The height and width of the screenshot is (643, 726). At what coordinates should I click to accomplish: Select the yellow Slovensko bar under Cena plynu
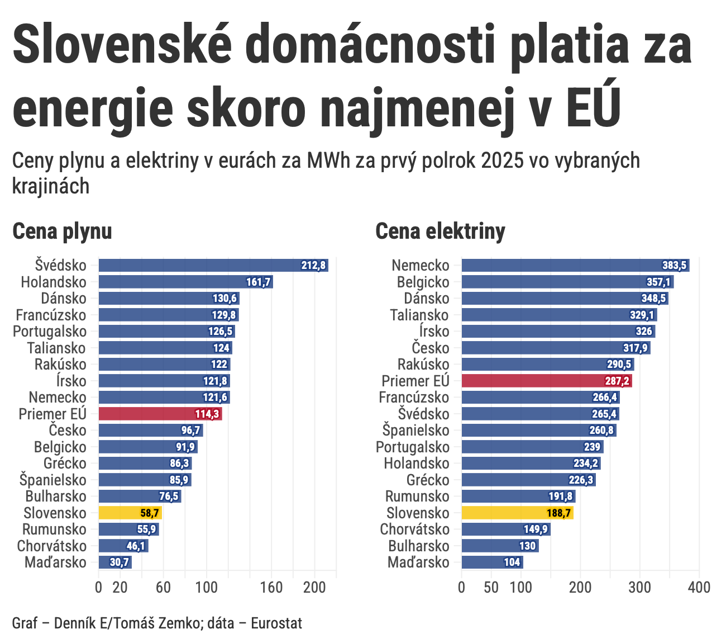130,513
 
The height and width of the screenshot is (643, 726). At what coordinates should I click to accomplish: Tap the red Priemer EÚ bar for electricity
546,381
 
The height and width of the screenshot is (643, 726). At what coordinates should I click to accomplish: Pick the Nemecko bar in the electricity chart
575,266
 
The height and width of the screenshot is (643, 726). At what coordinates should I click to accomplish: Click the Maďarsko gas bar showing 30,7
114,562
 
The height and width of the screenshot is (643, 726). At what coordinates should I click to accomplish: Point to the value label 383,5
674,266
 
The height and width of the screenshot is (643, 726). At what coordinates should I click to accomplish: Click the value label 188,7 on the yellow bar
558,513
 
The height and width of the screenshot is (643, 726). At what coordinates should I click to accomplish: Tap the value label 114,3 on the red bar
207,414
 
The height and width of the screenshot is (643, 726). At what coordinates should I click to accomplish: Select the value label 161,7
258,282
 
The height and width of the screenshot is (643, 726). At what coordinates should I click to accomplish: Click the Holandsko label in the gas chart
54,282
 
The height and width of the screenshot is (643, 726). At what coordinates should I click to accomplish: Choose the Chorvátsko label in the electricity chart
414,529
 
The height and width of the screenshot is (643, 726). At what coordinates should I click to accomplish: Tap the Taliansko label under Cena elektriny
419,315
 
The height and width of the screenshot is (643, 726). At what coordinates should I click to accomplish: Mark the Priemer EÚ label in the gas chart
52,414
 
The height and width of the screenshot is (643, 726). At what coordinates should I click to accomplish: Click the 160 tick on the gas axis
271,588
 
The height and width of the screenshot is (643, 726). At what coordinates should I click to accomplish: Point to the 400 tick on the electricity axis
699,588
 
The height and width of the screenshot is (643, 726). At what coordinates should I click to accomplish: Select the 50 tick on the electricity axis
491,588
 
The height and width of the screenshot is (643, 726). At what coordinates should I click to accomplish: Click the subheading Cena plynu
62,231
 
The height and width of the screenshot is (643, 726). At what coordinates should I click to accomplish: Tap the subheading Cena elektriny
440,231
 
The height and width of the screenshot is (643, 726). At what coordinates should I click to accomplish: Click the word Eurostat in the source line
276,623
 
